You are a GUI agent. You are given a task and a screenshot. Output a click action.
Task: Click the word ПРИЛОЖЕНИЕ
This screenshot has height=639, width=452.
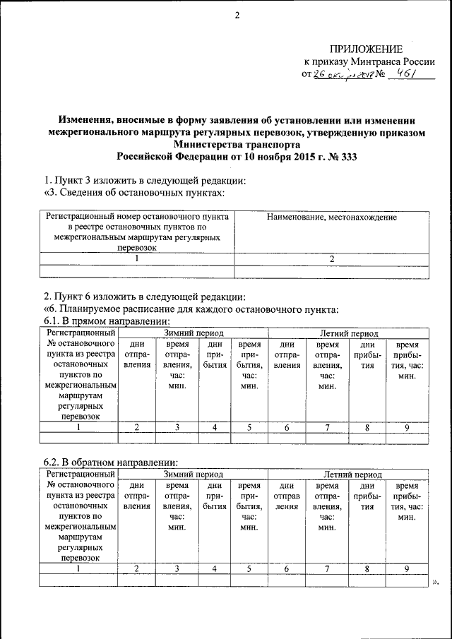(367, 49)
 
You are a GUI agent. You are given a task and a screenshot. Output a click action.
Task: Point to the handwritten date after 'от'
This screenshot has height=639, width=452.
(344, 75)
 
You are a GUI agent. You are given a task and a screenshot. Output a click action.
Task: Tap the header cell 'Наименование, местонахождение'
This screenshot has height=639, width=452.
(331, 217)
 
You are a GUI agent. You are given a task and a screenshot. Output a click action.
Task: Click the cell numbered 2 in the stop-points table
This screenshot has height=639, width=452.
(331, 258)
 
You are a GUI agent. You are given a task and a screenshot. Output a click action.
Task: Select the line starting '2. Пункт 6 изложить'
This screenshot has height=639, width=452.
(144, 296)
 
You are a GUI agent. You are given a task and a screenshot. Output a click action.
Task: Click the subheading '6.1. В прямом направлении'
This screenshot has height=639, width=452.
(103, 321)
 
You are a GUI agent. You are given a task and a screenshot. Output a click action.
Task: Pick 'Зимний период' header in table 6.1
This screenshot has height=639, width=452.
(194, 333)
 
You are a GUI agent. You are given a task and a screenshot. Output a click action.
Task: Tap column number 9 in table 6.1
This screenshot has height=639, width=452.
(407, 426)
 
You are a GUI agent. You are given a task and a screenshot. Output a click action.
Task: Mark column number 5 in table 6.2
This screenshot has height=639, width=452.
(249, 568)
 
